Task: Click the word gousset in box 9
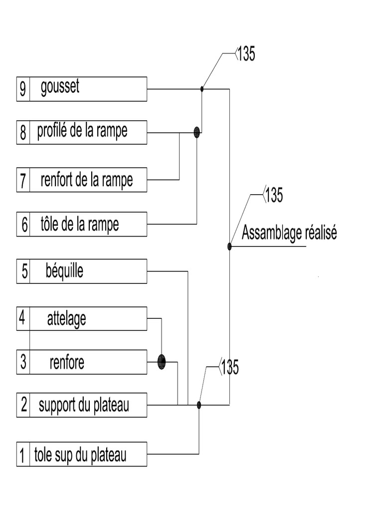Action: click(60, 87)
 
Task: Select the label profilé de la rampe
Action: click(82, 131)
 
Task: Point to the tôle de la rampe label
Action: click(80, 224)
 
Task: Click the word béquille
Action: click(64, 271)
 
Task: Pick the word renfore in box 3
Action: click(67, 362)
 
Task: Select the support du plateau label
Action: click(84, 405)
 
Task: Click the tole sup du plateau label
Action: click(80, 455)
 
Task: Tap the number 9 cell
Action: click(23, 89)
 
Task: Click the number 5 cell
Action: click(23, 272)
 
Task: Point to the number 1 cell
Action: click(22, 455)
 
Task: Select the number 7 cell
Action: click(23, 181)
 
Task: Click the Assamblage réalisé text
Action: click(289, 233)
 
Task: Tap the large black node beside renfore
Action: click(161, 361)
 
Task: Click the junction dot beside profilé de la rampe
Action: click(196, 132)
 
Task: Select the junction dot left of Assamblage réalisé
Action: click(229, 246)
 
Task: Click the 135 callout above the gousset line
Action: click(245, 54)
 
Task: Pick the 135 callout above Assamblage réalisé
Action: click(273, 195)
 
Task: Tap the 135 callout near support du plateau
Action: click(229, 368)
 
